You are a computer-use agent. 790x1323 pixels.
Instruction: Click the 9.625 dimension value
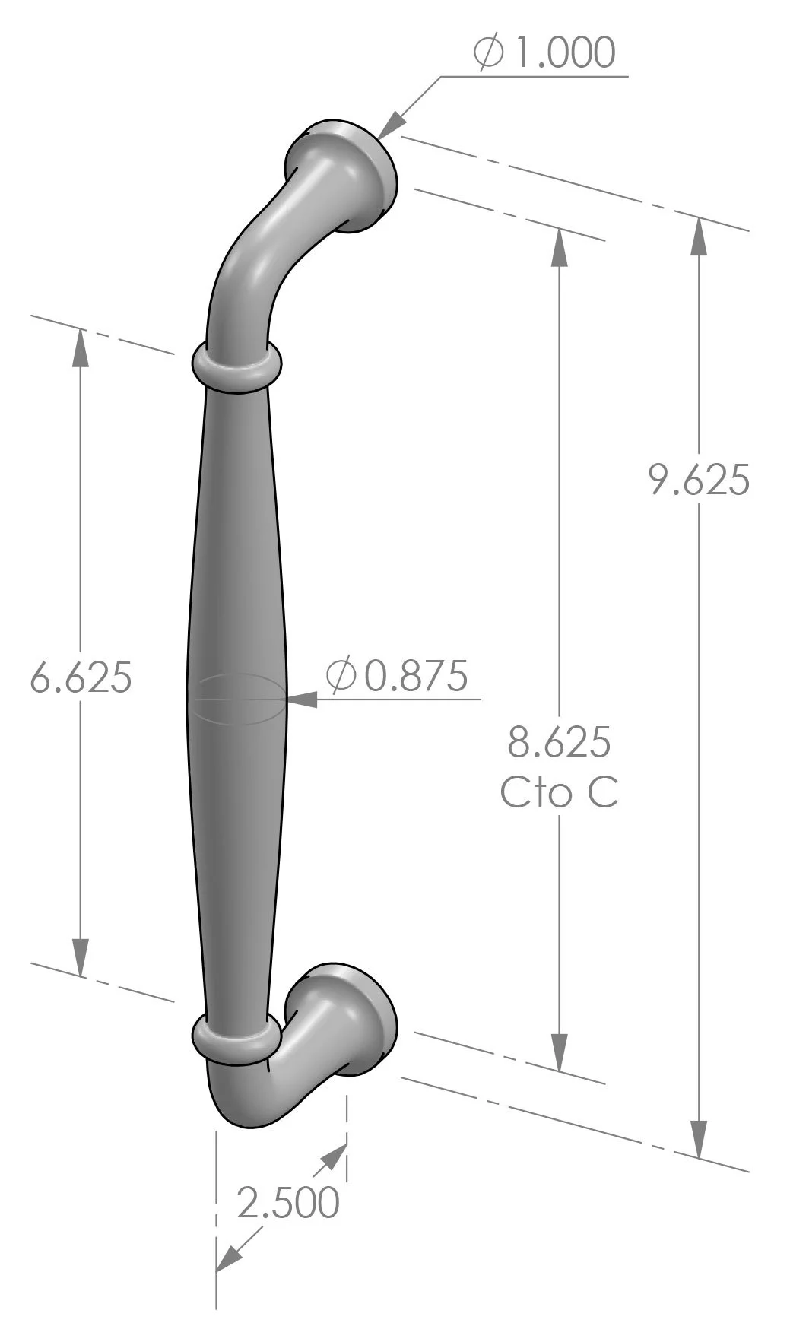click(699, 480)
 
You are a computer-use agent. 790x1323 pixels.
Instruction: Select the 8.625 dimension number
click(559, 742)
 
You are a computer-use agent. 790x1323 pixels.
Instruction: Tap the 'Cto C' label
click(559, 792)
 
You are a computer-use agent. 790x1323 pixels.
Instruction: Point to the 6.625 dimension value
click(81, 677)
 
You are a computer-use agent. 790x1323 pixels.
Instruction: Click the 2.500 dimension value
click(288, 1203)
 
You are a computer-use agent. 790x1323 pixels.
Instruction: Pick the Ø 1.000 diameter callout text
click(544, 53)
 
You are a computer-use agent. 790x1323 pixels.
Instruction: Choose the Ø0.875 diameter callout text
click(397, 675)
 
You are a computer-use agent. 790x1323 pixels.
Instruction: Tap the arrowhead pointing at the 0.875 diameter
click(301, 700)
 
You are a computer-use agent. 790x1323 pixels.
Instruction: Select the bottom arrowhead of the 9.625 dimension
click(699, 1141)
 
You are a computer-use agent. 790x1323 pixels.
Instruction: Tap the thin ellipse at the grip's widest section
click(237, 698)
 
